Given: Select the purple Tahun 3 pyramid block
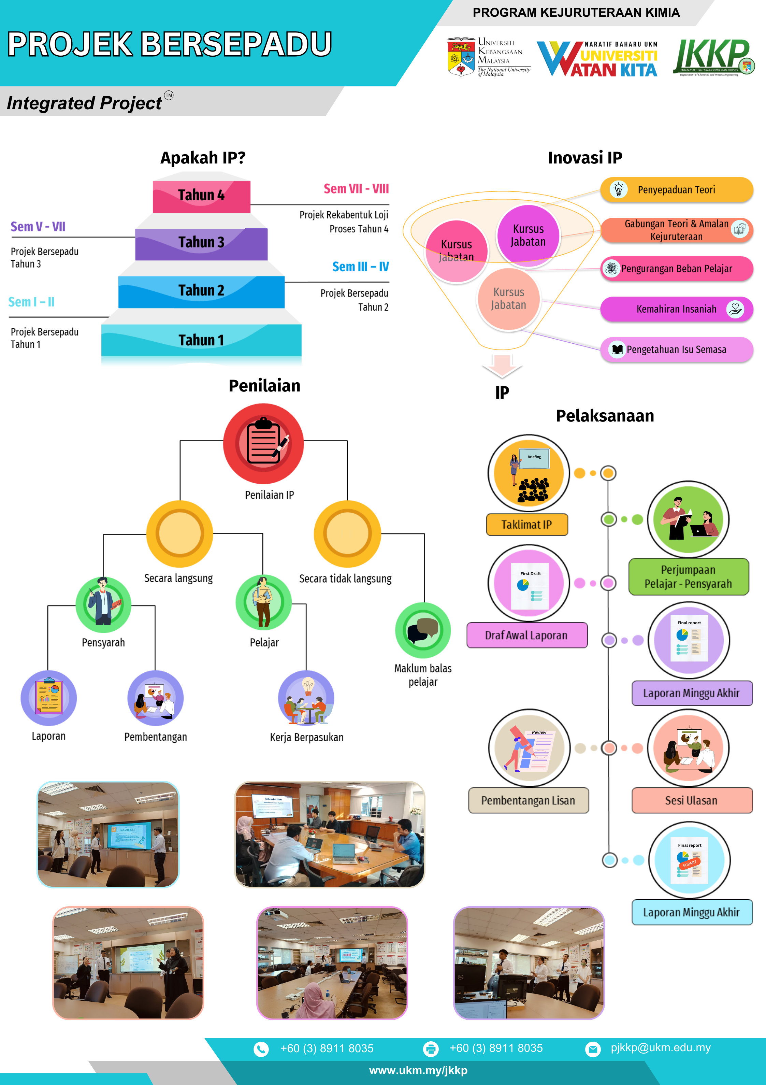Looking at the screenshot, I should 201,243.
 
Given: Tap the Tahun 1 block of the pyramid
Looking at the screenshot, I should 201,340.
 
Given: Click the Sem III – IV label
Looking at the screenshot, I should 360,267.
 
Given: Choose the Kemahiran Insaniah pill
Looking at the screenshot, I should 676,309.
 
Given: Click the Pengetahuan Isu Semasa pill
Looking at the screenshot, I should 676,350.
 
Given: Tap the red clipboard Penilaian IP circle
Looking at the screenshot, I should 263,443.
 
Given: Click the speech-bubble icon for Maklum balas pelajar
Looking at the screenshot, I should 423,630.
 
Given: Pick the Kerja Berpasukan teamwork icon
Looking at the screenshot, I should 306,698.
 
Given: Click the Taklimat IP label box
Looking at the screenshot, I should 527,525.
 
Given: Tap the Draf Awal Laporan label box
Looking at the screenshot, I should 527,635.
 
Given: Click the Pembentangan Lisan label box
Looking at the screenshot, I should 528,800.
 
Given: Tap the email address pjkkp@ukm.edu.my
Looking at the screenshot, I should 660,1048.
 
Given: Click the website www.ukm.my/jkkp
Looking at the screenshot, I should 418,1070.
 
